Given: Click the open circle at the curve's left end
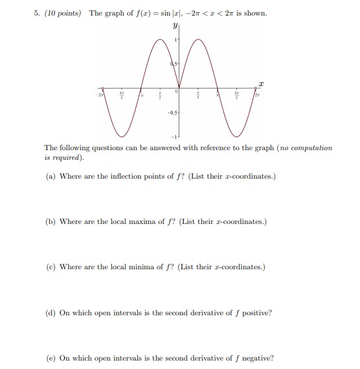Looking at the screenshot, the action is [103, 88].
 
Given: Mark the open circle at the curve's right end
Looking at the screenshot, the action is [254, 88].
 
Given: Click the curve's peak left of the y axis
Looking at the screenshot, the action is [160, 39].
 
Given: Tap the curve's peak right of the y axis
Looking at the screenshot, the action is [198, 39].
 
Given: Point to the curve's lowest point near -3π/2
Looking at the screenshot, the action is [122, 137].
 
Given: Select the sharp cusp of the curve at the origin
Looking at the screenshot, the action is [179, 88].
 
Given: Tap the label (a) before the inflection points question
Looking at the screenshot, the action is [50, 176].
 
